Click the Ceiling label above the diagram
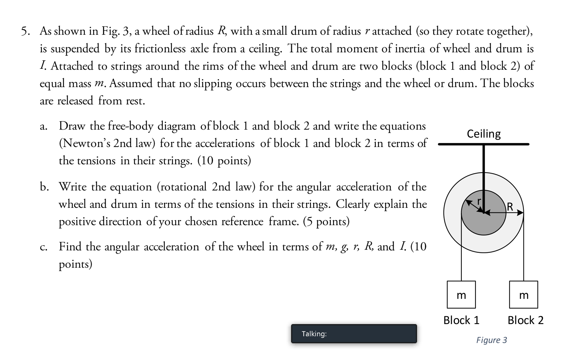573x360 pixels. (484, 134)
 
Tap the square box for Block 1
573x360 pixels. (461, 294)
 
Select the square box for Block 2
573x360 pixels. (524, 294)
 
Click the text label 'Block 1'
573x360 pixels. (461, 320)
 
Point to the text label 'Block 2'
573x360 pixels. (525, 320)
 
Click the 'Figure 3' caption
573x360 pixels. (491, 340)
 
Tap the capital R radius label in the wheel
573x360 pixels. (510, 207)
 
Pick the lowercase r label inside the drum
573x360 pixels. (479, 200)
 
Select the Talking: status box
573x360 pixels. (354, 334)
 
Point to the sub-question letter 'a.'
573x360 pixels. (44, 126)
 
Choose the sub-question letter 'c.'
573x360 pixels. (44, 247)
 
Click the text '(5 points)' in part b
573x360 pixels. (326, 222)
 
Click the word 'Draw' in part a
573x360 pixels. (72, 126)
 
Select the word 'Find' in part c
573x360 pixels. (70, 247)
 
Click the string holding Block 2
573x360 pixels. (524, 252)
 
